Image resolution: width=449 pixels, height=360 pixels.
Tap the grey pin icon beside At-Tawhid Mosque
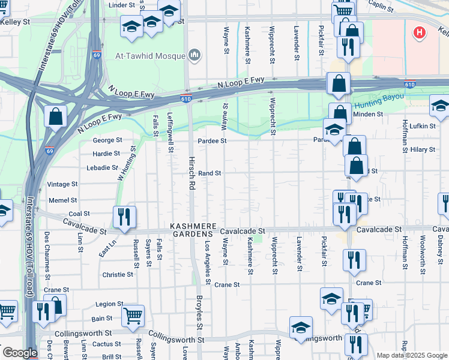194,55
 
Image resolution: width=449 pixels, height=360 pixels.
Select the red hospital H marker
420,33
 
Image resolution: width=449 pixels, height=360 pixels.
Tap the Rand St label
210,173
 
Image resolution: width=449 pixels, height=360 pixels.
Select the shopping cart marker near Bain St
133,314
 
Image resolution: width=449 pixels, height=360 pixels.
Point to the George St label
107,140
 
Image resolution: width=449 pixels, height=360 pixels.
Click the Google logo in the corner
20,353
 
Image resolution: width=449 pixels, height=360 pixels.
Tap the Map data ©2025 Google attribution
412,355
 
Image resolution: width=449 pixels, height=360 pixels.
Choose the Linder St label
122,5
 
